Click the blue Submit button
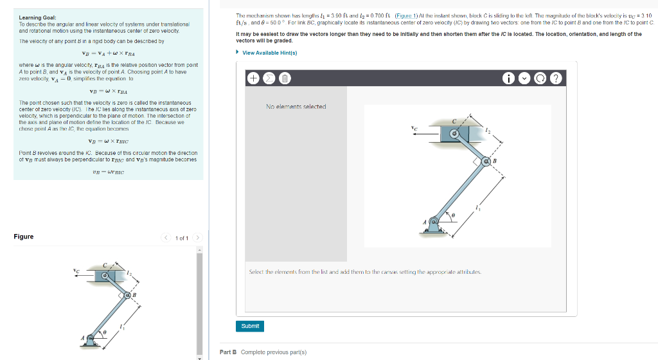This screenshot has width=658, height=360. pyautogui.click(x=250, y=326)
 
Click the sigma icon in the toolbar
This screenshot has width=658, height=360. pyautogui.click(x=269, y=78)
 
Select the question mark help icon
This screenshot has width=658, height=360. pyautogui.click(x=556, y=78)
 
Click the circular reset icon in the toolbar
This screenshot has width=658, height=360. pyautogui.click(x=541, y=78)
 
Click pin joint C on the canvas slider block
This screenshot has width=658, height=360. pyautogui.click(x=455, y=133)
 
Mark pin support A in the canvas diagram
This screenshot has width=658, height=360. pyautogui.click(x=434, y=223)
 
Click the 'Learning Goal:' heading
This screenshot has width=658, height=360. pyautogui.click(x=37, y=17)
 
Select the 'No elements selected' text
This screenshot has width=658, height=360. pyautogui.click(x=296, y=107)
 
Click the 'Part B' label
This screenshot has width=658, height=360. pyautogui.click(x=228, y=352)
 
